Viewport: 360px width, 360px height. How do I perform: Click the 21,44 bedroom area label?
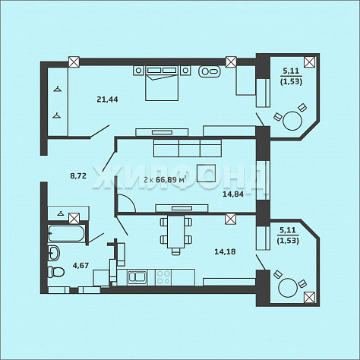107,99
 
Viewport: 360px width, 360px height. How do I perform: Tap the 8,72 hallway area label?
78,175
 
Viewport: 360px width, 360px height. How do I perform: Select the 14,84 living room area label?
233,194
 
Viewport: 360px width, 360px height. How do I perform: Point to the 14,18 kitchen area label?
225,251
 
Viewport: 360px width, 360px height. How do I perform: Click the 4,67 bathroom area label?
81,266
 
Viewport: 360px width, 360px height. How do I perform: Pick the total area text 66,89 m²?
171,180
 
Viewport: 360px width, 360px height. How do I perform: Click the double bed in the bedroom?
162,84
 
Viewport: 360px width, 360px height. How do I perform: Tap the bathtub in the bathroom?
66,233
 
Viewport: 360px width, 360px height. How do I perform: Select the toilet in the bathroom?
56,272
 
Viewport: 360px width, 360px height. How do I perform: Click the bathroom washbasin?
54,253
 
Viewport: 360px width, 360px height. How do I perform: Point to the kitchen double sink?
137,277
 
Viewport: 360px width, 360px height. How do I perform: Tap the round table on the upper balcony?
292,121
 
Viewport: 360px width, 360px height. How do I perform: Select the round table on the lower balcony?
288,288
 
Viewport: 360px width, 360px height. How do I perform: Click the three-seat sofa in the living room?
188,148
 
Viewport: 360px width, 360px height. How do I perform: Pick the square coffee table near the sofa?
207,173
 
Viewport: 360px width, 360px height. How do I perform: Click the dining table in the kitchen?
176,232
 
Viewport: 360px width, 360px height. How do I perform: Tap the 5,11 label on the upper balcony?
291,71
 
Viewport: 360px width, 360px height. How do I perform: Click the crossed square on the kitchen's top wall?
230,219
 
